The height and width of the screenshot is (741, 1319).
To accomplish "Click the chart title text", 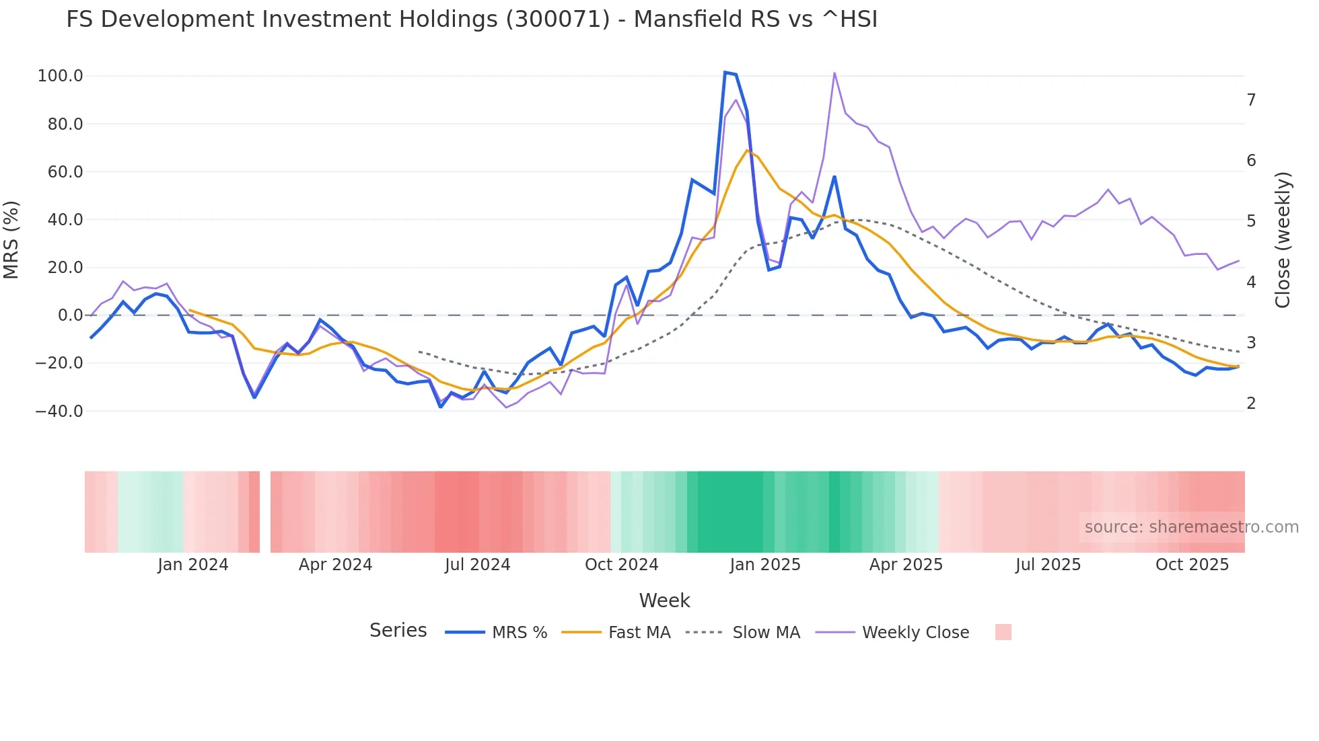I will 472,19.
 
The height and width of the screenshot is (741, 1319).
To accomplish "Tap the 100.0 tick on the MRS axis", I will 61,76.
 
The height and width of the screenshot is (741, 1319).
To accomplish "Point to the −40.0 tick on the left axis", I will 59,411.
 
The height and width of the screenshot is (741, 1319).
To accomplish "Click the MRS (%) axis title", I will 11,240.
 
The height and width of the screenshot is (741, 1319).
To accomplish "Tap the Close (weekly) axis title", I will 1283,240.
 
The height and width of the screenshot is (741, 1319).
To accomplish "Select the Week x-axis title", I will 664,600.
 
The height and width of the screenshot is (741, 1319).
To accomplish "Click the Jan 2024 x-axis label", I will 193,565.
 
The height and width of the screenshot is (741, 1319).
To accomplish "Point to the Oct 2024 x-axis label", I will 621,565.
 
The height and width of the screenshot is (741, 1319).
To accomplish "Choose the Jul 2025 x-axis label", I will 1048,565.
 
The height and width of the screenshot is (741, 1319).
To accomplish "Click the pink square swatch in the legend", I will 1003,632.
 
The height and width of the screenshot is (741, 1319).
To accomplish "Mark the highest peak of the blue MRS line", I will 725,72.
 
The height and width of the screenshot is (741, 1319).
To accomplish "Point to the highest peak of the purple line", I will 834,73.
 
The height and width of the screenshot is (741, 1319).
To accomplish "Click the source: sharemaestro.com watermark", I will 1191,527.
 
